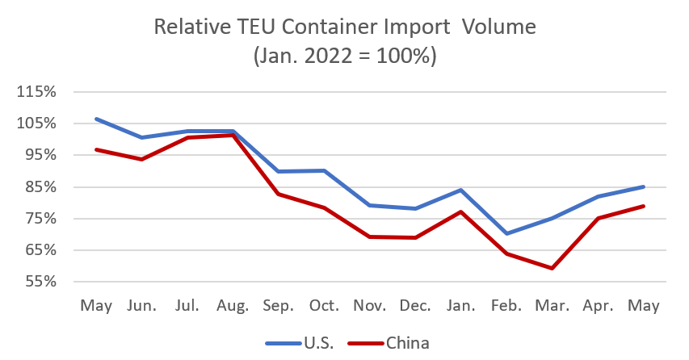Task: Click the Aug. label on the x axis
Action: pos(233,307)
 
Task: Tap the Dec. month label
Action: pos(415,307)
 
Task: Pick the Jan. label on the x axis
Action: pos(461,307)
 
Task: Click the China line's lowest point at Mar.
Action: pos(552,268)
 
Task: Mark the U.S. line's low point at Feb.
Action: pos(506,233)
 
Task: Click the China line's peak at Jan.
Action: pos(461,211)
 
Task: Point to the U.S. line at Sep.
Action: pos(279,171)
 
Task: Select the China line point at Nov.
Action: pos(370,237)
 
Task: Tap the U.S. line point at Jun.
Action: pos(141,137)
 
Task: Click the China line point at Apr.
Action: pos(599,218)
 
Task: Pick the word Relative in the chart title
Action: pos(187,27)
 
